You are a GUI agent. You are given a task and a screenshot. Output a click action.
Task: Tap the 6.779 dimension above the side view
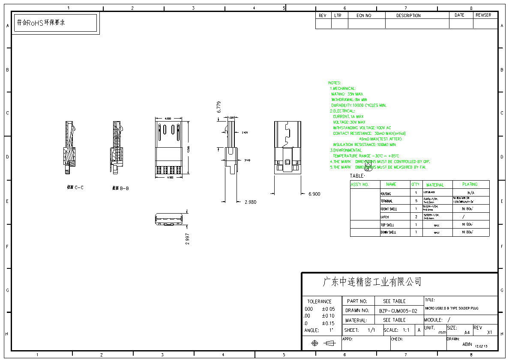pos(219,107)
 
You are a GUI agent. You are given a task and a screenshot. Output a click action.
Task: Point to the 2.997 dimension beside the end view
pos(187,235)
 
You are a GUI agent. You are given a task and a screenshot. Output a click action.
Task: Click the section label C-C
pos(75,187)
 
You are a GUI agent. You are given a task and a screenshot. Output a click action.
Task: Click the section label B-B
pos(120,188)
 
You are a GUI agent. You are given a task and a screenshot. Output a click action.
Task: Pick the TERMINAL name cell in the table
pos(386,201)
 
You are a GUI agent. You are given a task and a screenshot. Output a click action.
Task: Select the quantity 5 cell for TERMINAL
pos(416,201)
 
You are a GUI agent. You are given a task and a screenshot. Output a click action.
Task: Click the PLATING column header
pos(470,184)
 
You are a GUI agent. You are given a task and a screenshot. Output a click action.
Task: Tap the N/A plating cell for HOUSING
pos(471,193)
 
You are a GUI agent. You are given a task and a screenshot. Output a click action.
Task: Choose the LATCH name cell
pos(385,217)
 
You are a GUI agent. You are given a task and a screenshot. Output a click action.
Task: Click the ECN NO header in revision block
pos(364,15)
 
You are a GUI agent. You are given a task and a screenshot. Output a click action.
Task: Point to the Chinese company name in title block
pos(372,282)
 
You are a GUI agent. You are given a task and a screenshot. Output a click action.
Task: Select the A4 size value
pos(467,332)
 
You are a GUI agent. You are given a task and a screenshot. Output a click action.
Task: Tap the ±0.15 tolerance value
pos(328,324)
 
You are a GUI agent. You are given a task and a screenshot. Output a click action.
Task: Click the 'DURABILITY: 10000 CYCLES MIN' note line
pos(359,105)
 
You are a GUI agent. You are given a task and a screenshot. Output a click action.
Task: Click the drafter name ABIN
pos(467,344)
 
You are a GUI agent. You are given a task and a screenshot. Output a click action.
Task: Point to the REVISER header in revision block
pos(483,15)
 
